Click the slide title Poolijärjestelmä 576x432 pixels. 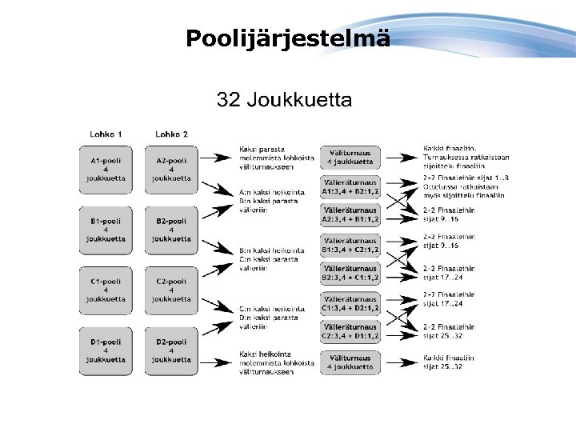(288, 38)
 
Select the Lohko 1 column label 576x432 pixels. (106, 134)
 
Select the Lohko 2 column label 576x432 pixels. (171, 134)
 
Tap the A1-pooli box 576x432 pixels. (106, 169)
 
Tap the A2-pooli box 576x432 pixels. (171, 169)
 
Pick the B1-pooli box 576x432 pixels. (106, 229)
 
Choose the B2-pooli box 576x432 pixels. (171, 229)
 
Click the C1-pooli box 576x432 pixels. (106, 290)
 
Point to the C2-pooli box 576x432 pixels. (171, 290)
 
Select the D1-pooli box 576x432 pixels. (106, 350)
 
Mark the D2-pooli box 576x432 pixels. (171, 350)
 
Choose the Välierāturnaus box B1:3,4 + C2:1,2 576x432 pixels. (350, 245)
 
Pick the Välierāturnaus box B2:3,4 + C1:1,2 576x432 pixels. (350, 274)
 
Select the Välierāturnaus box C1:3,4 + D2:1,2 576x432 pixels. (350, 302)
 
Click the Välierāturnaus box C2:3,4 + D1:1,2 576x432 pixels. (350, 331)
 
